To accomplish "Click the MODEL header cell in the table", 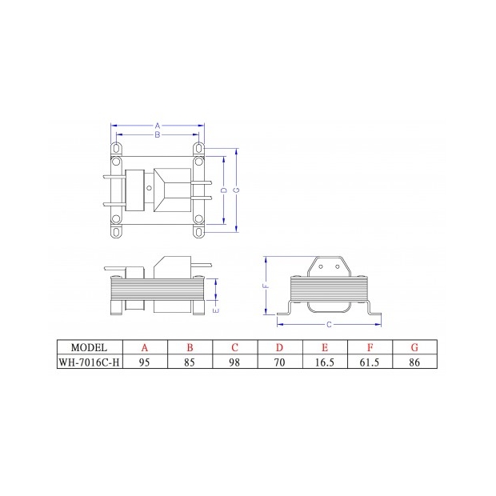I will point(89,347).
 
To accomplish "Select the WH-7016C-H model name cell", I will point(89,362).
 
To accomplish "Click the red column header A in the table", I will point(145,347).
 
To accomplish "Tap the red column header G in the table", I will point(414,347).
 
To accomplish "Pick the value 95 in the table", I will point(145,362).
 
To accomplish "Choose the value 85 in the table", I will point(190,362).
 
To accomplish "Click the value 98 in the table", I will point(235,362).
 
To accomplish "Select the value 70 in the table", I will point(280,362).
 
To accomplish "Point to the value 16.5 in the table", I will point(325,362).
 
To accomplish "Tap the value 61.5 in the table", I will point(370,362).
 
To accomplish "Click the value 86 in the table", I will point(414,362).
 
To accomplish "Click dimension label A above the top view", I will point(158,126).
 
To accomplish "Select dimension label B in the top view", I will point(158,135).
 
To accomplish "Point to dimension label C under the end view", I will point(330,324).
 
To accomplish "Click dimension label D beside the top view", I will point(224,190).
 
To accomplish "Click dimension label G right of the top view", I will point(238,190).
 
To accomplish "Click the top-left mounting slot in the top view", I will point(118,148).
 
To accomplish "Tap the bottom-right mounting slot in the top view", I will point(198,232).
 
